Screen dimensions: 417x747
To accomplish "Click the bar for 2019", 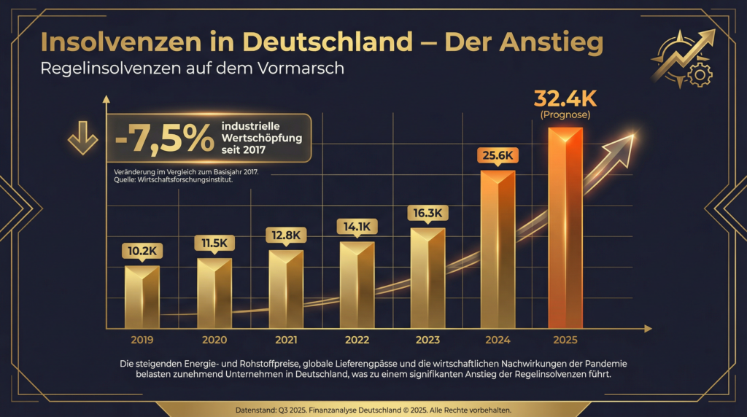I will click(x=142, y=297).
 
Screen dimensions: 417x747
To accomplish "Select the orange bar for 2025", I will click(x=565, y=228).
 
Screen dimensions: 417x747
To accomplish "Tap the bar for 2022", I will click(x=357, y=285).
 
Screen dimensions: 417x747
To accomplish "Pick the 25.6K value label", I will click(x=498, y=155).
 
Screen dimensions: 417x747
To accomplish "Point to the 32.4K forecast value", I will click(x=565, y=98).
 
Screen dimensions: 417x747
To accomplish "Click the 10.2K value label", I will click(x=142, y=251).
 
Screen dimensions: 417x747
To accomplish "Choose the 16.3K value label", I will click(x=427, y=213).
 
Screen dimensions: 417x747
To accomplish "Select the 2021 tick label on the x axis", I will click(x=285, y=340).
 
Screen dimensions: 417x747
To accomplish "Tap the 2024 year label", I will click(x=498, y=340).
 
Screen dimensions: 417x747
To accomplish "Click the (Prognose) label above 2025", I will click(x=565, y=115).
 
